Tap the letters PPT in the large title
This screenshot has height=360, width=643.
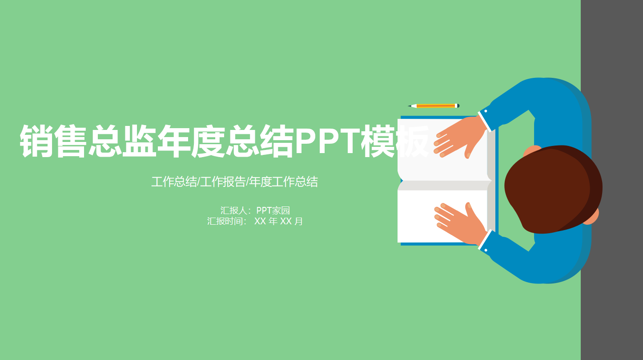coord(327,141)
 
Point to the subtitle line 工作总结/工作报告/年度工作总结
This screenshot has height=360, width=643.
coord(234,182)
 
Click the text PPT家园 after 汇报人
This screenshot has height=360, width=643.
coord(273,210)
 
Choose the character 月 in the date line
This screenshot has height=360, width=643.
coord(299,221)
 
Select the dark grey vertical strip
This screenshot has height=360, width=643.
coord(612,180)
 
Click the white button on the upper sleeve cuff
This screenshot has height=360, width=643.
coord(486,111)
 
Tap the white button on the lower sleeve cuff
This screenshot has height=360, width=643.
coord(486,250)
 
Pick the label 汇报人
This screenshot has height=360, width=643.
coord(235,210)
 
